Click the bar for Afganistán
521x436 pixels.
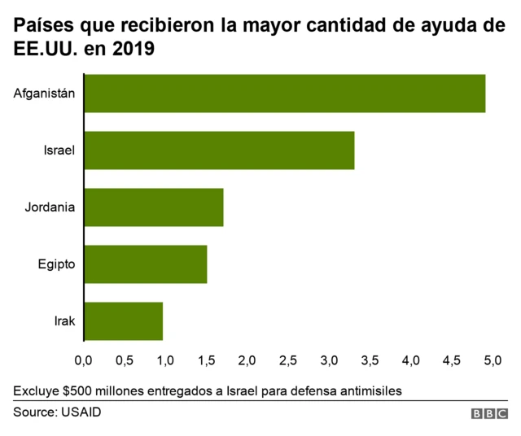pyautogui.click(x=284, y=93)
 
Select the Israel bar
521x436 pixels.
pyautogui.click(x=218, y=150)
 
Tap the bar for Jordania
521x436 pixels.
pyautogui.click(x=153, y=207)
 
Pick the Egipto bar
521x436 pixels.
pyautogui.click(x=145, y=264)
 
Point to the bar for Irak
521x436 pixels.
pyautogui.click(x=123, y=320)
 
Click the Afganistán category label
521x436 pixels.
pyautogui.click(x=45, y=93)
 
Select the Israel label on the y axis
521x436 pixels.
pyautogui.click(x=59, y=150)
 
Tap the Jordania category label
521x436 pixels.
pyautogui.click(x=50, y=207)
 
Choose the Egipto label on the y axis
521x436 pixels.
pyautogui.click(x=57, y=264)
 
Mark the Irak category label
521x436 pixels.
pyautogui.click(x=63, y=320)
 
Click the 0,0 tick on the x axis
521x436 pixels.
pyautogui.click(x=83, y=360)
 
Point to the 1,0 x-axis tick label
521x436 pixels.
pyautogui.click(x=165, y=360)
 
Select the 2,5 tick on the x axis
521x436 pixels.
pyautogui.click(x=287, y=360)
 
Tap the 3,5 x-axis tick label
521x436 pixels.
pyautogui.click(x=370, y=360)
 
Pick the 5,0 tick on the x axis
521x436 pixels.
pyautogui.click(x=492, y=360)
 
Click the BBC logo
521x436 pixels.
pyautogui.click(x=488, y=413)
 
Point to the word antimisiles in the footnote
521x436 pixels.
pyautogui.click(x=370, y=390)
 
